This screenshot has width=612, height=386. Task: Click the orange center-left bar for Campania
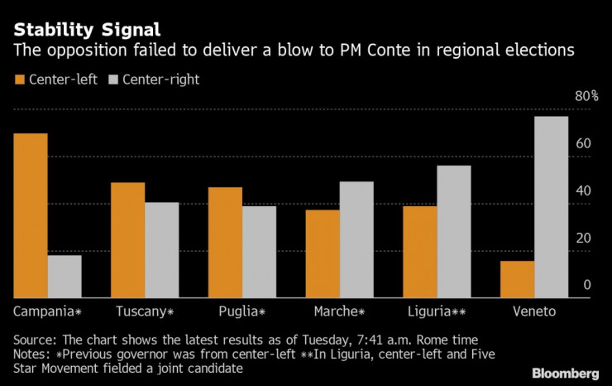pos(31,215)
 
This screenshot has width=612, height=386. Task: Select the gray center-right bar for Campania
pos(65,276)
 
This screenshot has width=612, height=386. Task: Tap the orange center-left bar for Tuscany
pos(128,239)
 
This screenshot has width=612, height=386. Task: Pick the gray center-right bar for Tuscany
pos(162,249)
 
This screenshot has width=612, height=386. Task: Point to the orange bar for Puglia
pos(225,242)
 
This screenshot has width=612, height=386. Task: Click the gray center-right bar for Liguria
pos(454,231)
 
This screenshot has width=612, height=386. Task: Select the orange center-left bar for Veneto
pos(517,278)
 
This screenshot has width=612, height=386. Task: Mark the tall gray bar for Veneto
pos(552,206)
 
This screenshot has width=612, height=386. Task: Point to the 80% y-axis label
pos(586,96)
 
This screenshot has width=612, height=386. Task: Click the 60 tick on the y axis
pos(584,143)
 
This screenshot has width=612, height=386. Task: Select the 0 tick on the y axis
pos(588,285)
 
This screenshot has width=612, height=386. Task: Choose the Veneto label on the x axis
pos(534,311)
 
